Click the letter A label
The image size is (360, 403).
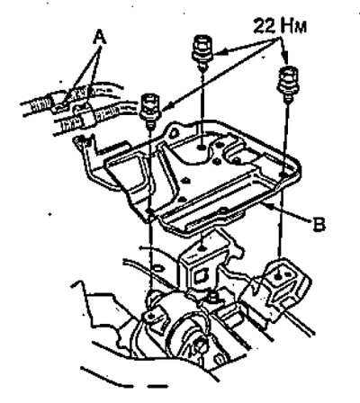point(99,38)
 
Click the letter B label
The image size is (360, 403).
point(319,224)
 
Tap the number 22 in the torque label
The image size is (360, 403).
point(265,26)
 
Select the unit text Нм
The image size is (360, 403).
point(293,26)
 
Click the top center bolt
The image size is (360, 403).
point(202,51)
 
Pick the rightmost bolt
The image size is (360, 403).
point(288,83)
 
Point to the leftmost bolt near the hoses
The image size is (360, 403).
point(150,110)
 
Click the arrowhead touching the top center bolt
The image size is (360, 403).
point(217,53)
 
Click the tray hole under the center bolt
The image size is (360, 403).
point(202,148)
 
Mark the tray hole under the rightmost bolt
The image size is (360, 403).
point(282,174)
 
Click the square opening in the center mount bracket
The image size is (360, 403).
point(200,276)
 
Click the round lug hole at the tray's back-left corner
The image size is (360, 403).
point(172,132)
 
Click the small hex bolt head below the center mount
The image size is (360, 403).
point(212,297)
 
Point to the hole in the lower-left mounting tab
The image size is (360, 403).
point(151,317)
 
